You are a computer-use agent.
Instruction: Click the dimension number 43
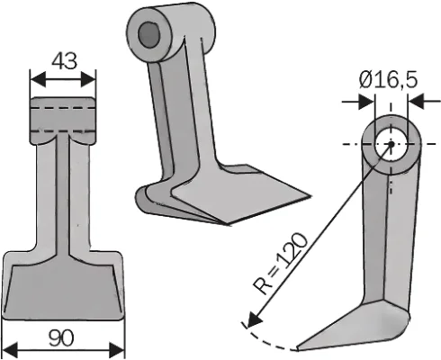click(62, 60)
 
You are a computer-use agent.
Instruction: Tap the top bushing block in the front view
click(62, 120)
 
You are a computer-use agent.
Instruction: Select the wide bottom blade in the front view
click(62, 286)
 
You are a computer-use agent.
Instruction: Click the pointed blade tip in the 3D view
click(306, 196)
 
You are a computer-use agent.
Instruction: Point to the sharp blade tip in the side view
click(301, 346)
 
